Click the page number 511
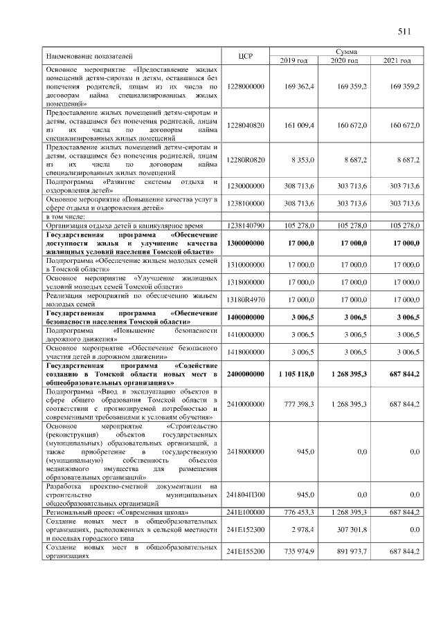pos(405,31)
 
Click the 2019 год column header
pos(293,61)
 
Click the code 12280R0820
pos(246,160)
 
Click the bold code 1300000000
pos(246,243)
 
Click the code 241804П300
pos(246,495)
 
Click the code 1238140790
pos(246,225)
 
